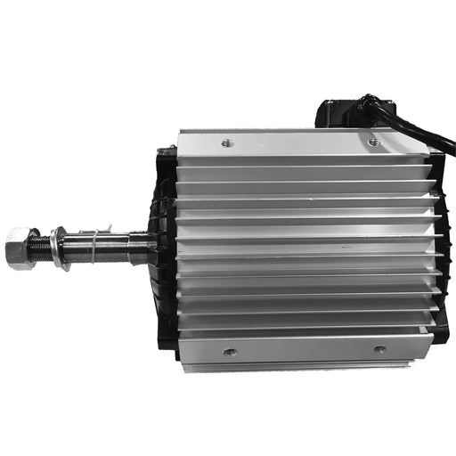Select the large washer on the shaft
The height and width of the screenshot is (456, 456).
pos(56,242)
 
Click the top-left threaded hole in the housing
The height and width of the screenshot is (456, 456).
pos(224,140)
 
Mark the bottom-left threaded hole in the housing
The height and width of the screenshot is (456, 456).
pos(229,352)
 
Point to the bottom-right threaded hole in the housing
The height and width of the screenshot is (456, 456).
pos(379,349)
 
